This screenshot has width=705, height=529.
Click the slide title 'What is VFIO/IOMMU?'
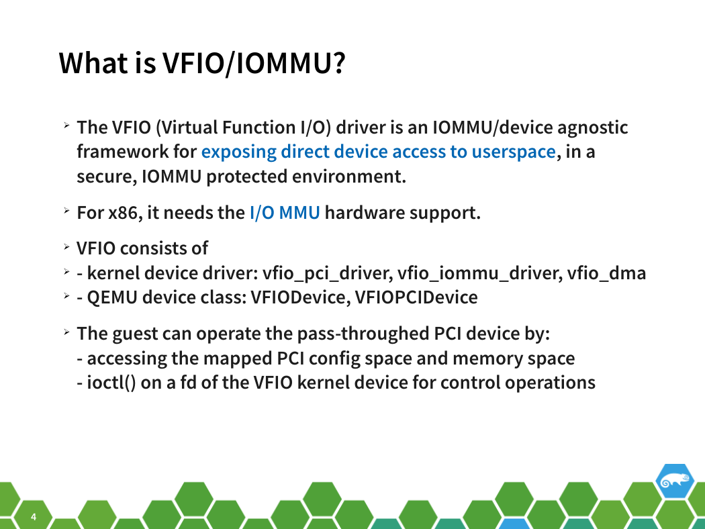click(202, 63)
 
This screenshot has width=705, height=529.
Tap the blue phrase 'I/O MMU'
click(285, 213)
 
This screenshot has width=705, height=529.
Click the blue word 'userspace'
click(514, 152)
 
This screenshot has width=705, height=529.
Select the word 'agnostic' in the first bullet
click(593, 128)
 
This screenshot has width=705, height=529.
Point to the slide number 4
click(34, 517)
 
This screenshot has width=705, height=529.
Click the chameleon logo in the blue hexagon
click(674, 481)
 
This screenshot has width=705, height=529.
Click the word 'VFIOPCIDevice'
click(416, 297)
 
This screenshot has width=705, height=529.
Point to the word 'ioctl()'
click(111, 383)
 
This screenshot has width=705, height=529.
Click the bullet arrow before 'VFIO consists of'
click(66, 247)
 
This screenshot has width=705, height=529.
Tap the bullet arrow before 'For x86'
click(66, 210)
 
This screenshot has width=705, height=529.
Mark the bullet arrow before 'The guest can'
click(66, 332)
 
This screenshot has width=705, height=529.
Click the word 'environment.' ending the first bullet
click(349, 177)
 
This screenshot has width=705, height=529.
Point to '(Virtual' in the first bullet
click(187, 128)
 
